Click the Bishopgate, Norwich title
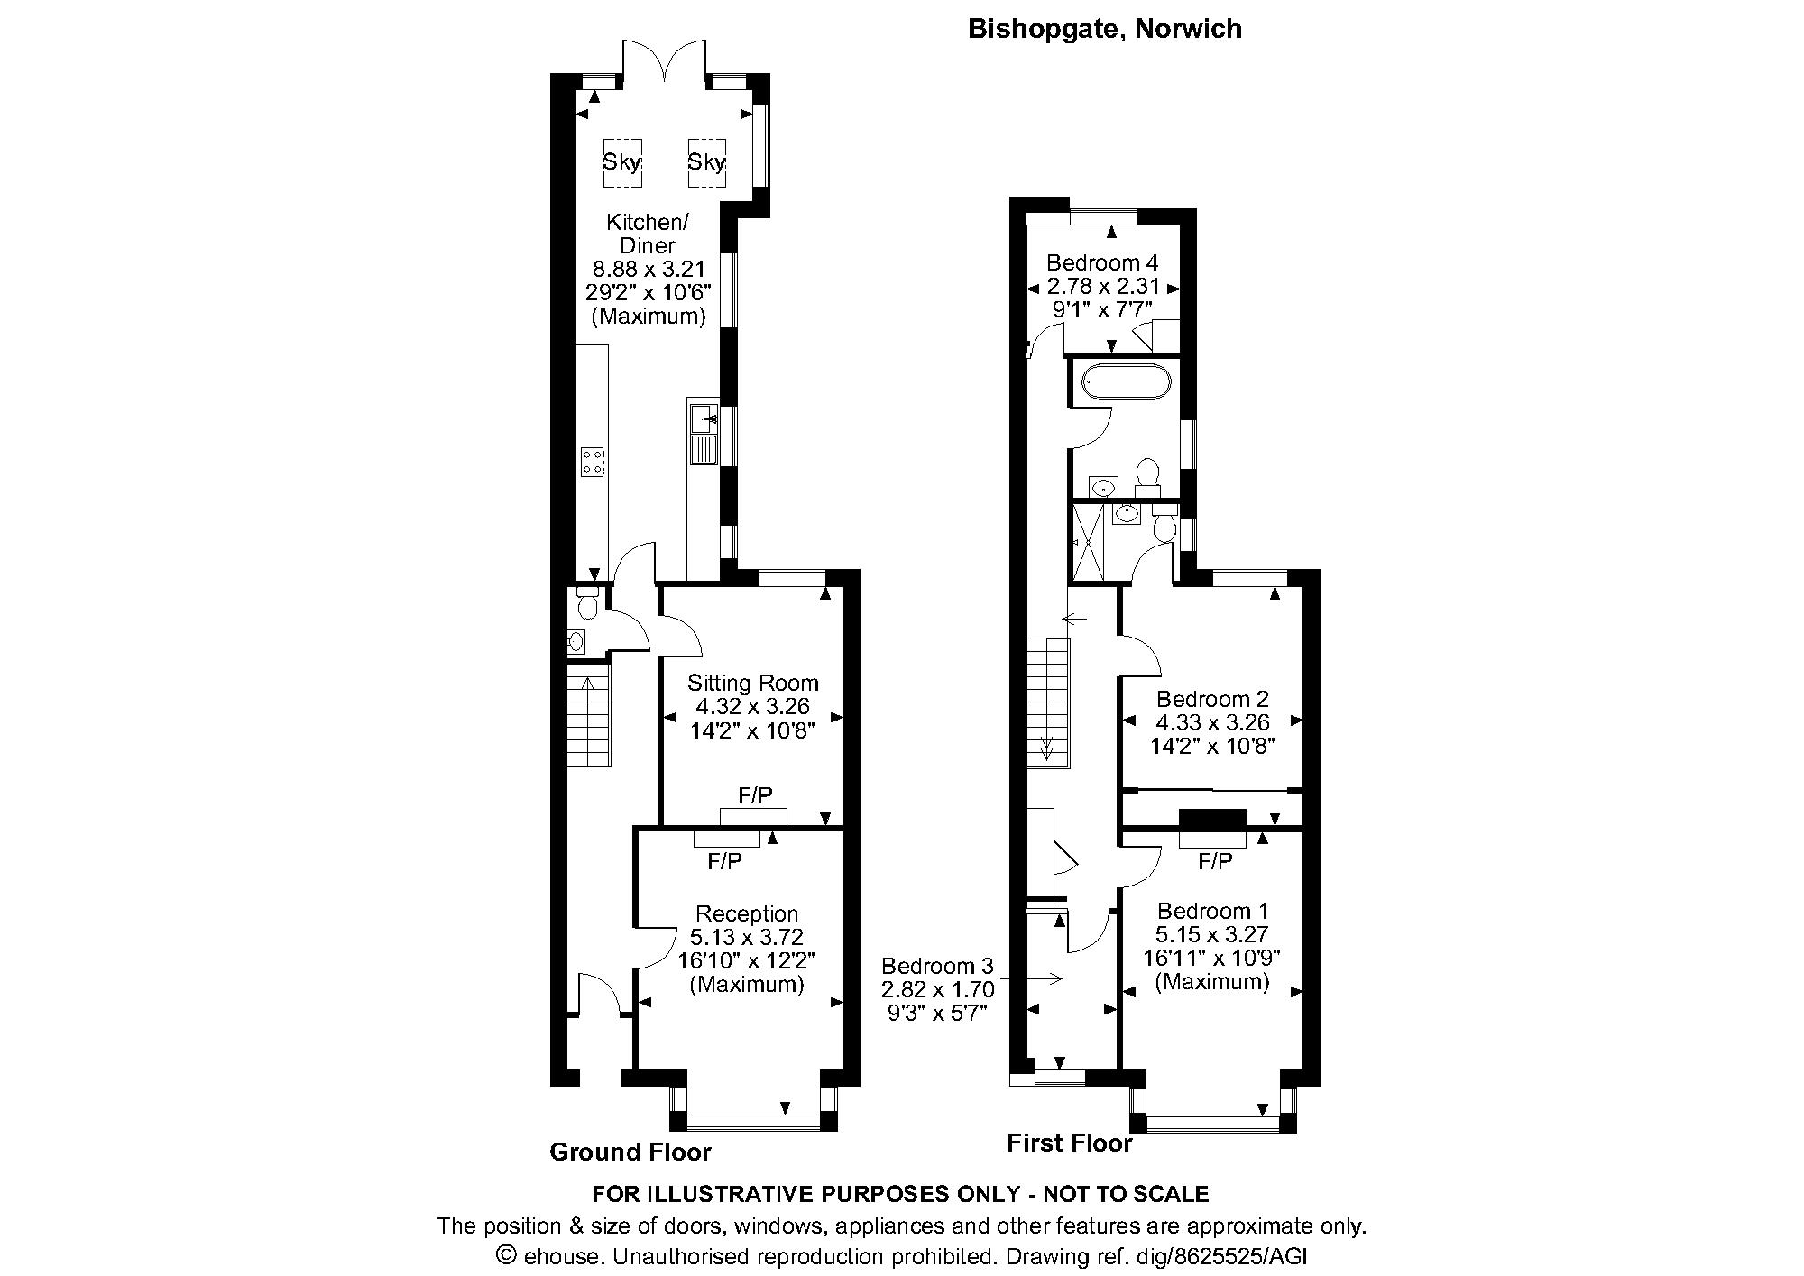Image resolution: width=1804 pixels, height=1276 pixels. pos(1104,29)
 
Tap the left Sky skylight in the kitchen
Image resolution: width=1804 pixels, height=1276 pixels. pos(621,162)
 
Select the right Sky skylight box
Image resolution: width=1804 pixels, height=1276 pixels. pos(706,162)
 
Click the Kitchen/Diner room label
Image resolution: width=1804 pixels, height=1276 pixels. pos(647,233)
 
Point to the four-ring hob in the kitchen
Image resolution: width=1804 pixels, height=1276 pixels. pos(593,462)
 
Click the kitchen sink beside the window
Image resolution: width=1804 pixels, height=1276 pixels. pos(703,419)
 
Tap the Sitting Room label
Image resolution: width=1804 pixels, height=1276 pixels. pos(752,683)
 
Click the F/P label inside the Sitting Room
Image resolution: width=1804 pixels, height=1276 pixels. pos(755,795)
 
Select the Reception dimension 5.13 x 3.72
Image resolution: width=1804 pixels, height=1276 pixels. pos(746,937)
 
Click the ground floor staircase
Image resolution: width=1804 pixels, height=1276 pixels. pos(589,714)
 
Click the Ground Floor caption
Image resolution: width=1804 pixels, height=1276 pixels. pos(630,1152)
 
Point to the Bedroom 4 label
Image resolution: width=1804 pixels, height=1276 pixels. pos(1101,262)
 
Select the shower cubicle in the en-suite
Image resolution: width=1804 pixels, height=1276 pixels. pos(1088,542)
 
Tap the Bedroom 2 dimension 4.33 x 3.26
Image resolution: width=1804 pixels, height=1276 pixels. pos(1212,722)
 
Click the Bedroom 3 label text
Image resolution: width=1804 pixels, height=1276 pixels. pos(937,965)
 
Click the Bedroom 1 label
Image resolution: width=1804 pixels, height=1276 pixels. pos(1212,911)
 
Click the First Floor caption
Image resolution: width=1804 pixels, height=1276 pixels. pos(1069,1143)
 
